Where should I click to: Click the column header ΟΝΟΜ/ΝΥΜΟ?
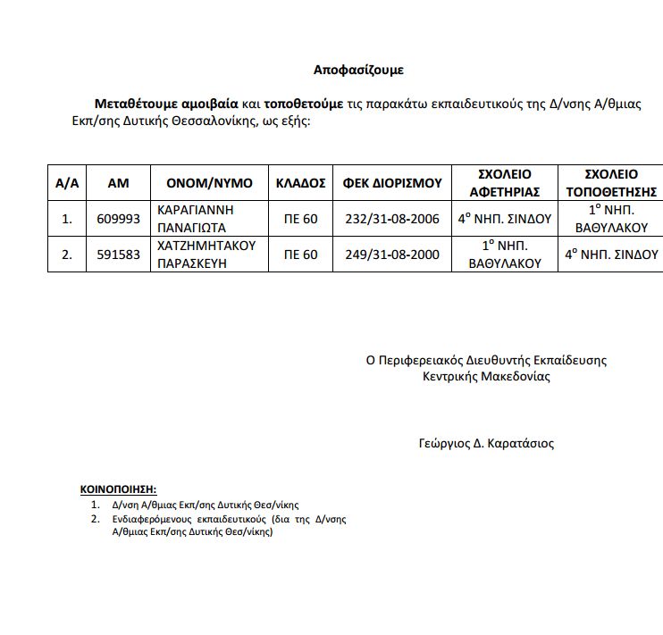pyautogui.click(x=210, y=183)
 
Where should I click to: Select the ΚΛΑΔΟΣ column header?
pyautogui.click(x=300, y=183)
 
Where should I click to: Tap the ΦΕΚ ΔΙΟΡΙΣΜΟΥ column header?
pyautogui.click(x=392, y=183)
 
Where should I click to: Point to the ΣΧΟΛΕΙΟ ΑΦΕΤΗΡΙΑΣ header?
pyautogui.click(x=505, y=183)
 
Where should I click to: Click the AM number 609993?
pyautogui.click(x=118, y=219)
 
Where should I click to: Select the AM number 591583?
pyautogui.click(x=118, y=255)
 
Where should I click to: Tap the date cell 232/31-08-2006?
pyautogui.click(x=392, y=219)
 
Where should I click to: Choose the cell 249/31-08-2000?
pyautogui.click(x=392, y=255)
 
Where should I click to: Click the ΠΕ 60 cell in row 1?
pyautogui.click(x=300, y=219)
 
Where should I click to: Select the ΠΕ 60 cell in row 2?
pyautogui.click(x=300, y=255)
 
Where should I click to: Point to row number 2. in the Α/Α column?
pyautogui.click(x=66, y=255)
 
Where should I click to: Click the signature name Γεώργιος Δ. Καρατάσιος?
pyautogui.click(x=485, y=443)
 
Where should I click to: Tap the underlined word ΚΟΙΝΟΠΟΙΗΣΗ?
pyautogui.click(x=118, y=489)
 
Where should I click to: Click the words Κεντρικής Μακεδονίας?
pyautogui.click(x=486, y=376)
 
